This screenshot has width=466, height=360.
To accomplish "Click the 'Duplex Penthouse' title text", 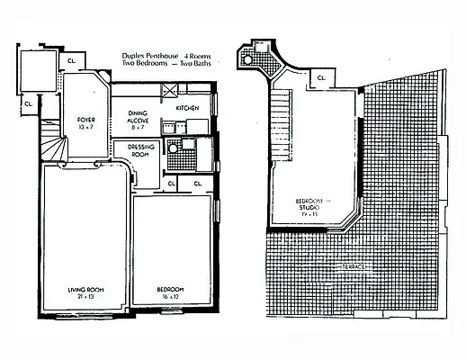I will (150, 57).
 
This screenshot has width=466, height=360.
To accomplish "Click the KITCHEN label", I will (187, 107).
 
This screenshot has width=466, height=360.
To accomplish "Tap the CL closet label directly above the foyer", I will (71, 60).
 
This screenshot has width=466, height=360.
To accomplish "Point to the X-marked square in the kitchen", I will (167, 90).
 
